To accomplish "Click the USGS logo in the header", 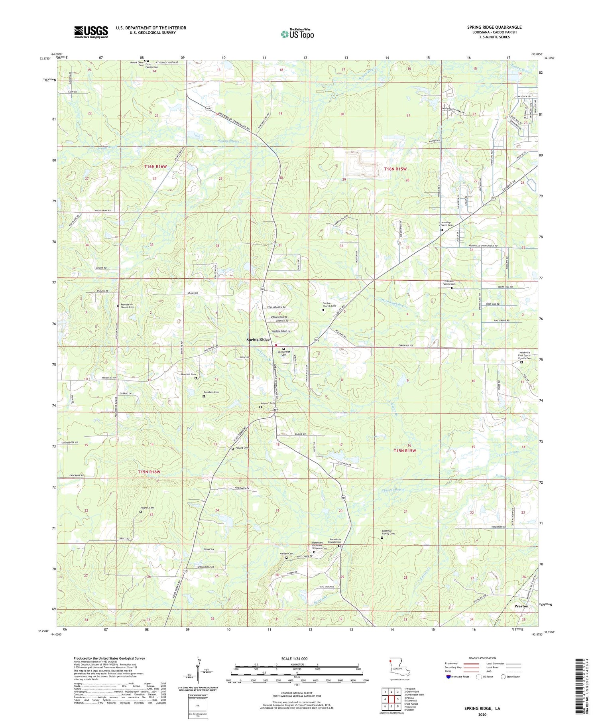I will pyautogui.click(x=91, y=32).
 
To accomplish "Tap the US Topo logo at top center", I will pyautogui.click(x=297, y=34).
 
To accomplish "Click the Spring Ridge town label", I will pyautogui.click(x=258, y=339).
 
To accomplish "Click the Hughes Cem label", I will pyautogui.click(x=147, y=508).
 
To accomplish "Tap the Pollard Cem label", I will pyautogui.click(x=242, y=447).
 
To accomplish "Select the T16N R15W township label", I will pyautogui.click(x=395, y=169).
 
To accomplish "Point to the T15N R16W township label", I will pyautogui.click(x=149, y=472).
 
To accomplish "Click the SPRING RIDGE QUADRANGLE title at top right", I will pyautogui.click(x=494, y=27).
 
